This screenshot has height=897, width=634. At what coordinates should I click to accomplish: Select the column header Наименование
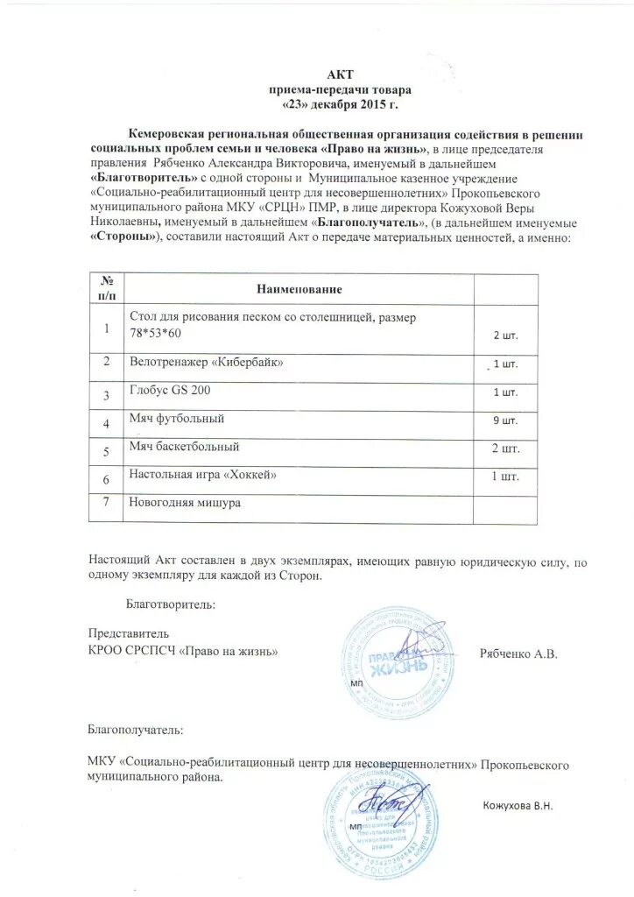pyautogui.click(x=299, y=288)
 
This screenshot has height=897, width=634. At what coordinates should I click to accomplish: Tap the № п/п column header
pyautogui.click(x=107, y=287)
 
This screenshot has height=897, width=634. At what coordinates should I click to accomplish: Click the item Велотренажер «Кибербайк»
pyautogui.click(x=206, y=361)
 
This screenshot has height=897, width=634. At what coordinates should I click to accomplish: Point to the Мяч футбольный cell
pyautogui.click(x=177, y=419)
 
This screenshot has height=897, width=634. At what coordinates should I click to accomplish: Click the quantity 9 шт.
pyautogui.click(x=505, y=420)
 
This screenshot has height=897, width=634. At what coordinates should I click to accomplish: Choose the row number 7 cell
pyautogui.click(x=107, y=503)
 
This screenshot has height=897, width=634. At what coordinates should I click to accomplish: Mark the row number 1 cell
pyautogui.click(x=107, y=328)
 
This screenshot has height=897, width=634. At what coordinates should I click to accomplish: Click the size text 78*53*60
pyautogui.click(x=158, y=335)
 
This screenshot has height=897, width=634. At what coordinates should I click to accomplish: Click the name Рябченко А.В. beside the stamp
pyautogui.click(x=519, y=654)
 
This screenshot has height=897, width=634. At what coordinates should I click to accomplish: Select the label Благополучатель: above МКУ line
pyautogui.click(x=136, y=728)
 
